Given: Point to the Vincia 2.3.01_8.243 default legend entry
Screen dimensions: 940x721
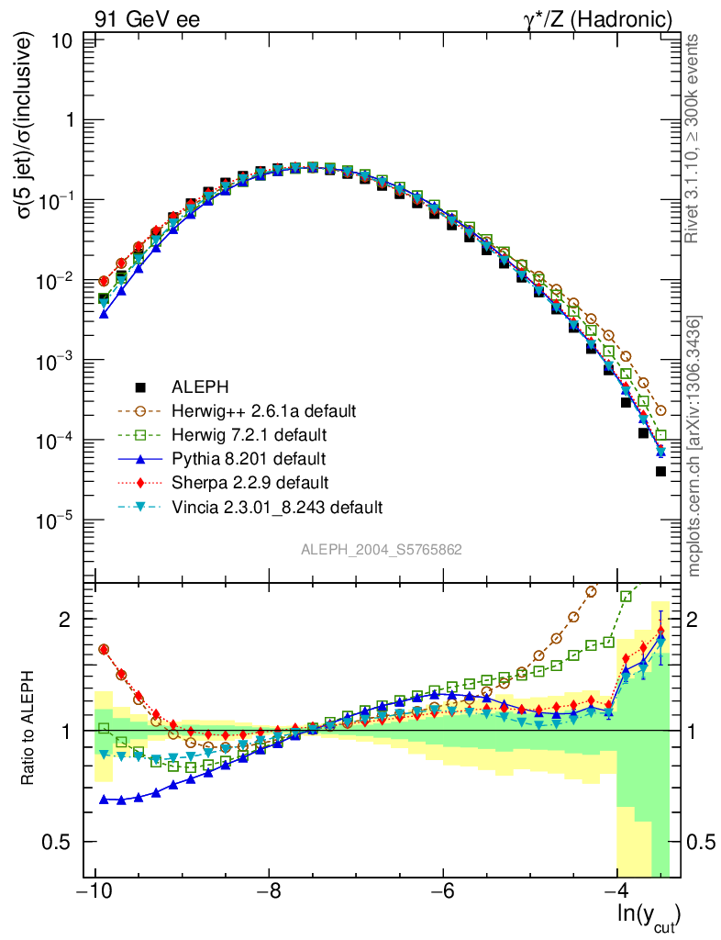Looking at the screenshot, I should tap(276, 506).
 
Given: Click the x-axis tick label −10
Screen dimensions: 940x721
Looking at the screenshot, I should tap(94, 892).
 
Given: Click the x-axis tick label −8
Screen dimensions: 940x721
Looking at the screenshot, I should tap(269, 892).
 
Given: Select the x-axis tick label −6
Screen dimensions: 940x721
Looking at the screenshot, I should tap(443, 892).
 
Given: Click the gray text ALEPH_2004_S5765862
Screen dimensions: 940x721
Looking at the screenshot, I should tap(382, 551).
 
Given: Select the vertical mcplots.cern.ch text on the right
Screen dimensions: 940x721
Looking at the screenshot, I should tap(694, 446).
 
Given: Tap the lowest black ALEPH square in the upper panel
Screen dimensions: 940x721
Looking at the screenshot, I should tap(660, 471).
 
